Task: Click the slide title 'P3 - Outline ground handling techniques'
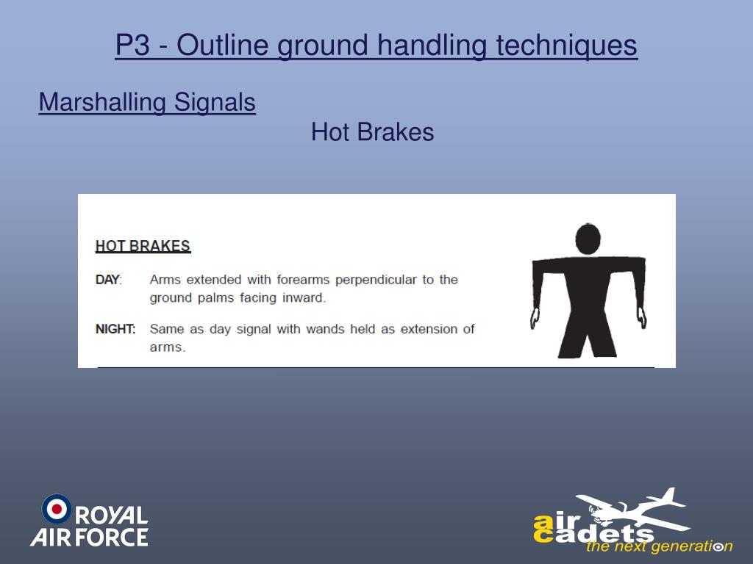pyautogui.click(x=376, y=46)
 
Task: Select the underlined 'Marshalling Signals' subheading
pyautogui.click(x=147, y=102)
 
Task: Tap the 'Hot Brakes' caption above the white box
pyautogui.click(x=372, y=132)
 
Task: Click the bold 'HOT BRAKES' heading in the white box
pyautogui.click(x=143, y=246)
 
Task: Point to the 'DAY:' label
pyautogui.click(x=109, y=280)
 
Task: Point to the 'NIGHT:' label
pyautogui.click(x=115, y=329)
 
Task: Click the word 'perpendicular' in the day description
pyautogui.click(x=376, y=280)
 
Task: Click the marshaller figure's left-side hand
pyautogui.click(x=535, y=319)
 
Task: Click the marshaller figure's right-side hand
pyautogui.click(x=641, y=319)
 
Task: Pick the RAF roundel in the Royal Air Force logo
pyautogui.click(x=57, y=509)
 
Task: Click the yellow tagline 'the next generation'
pyautogui.click(x=658, y=546)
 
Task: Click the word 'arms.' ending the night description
pyautogui.click(x=168, y=347)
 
